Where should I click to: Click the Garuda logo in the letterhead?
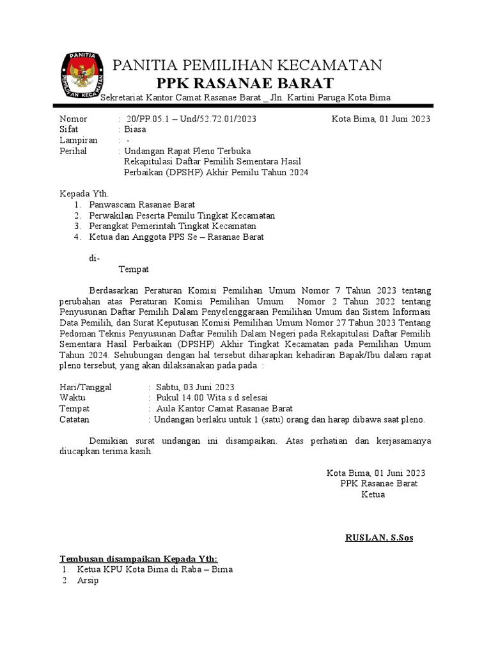coord(84,75)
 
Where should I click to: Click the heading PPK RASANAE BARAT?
coord(245,83)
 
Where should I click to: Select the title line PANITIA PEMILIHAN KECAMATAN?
coord(247,65)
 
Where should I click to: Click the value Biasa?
coord(135,129)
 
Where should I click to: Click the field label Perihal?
coord(73,152)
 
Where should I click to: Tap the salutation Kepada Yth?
coord(84,194)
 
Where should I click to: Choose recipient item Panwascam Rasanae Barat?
coord(127,205)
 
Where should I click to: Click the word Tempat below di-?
coord(134,269)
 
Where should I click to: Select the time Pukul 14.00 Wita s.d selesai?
coord(207,399)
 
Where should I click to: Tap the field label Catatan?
coord(74,420)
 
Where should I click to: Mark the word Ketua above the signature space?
coord(373,494)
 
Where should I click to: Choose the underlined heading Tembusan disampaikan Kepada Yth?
coord(139,558)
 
